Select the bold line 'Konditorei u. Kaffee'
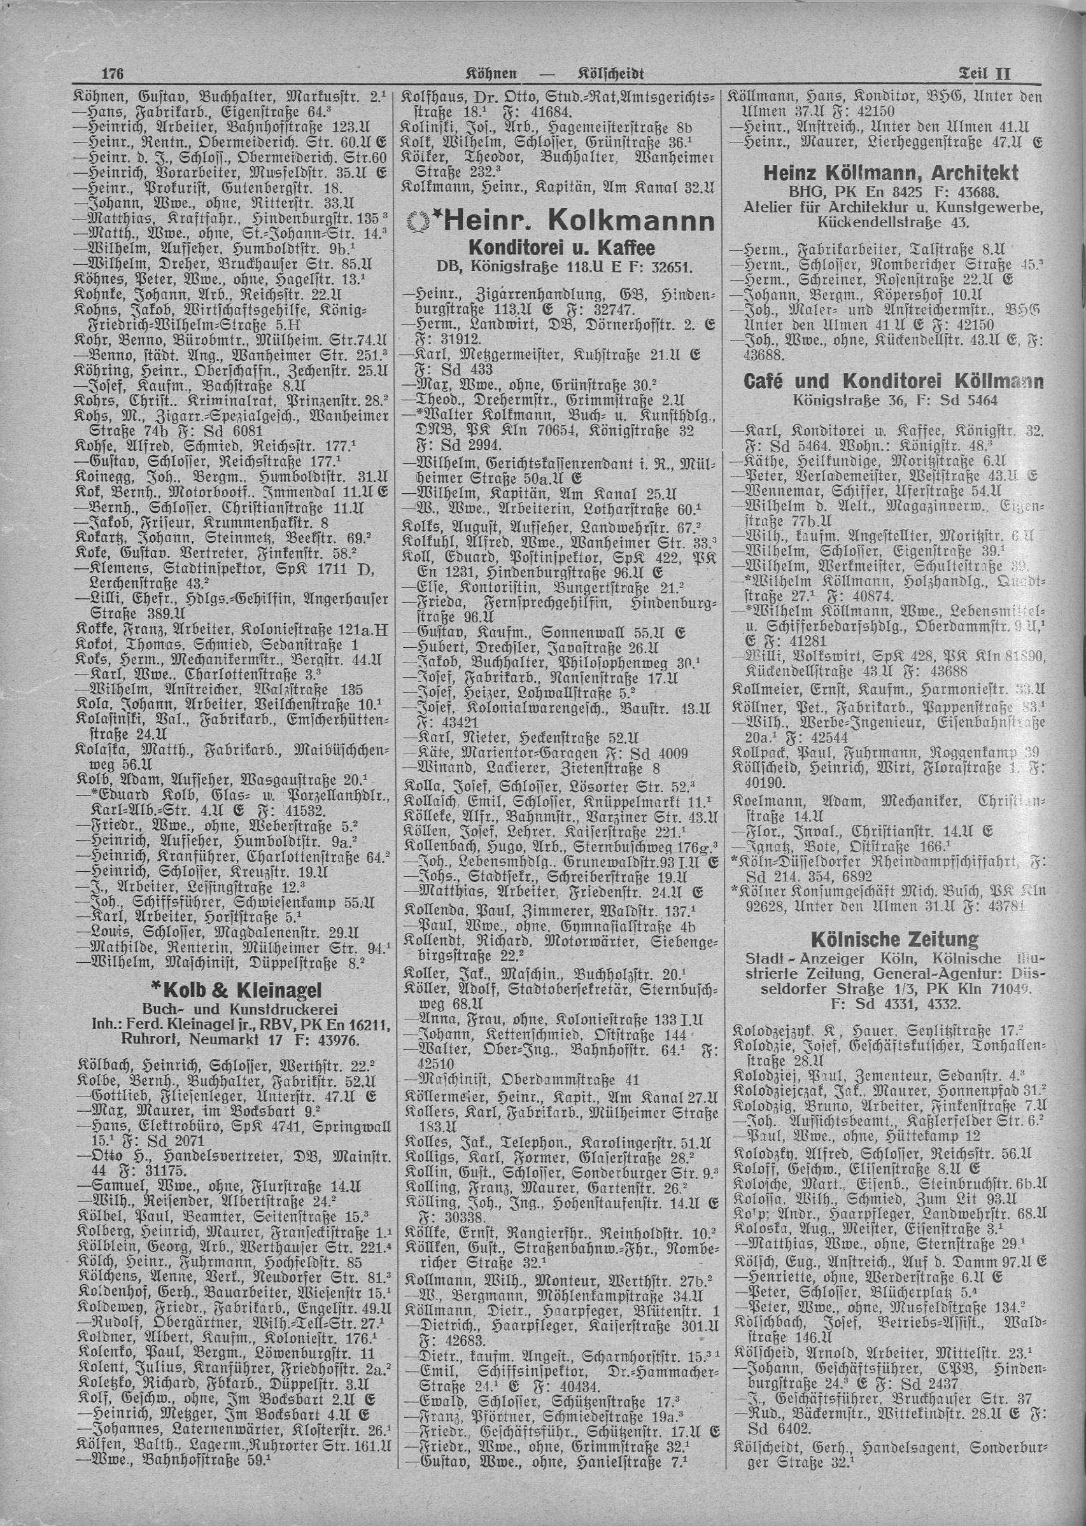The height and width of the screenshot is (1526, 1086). point(560,250)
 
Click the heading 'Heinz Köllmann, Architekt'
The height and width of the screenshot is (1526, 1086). point(891,174)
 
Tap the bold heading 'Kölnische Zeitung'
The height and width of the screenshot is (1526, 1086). point(892,939)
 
